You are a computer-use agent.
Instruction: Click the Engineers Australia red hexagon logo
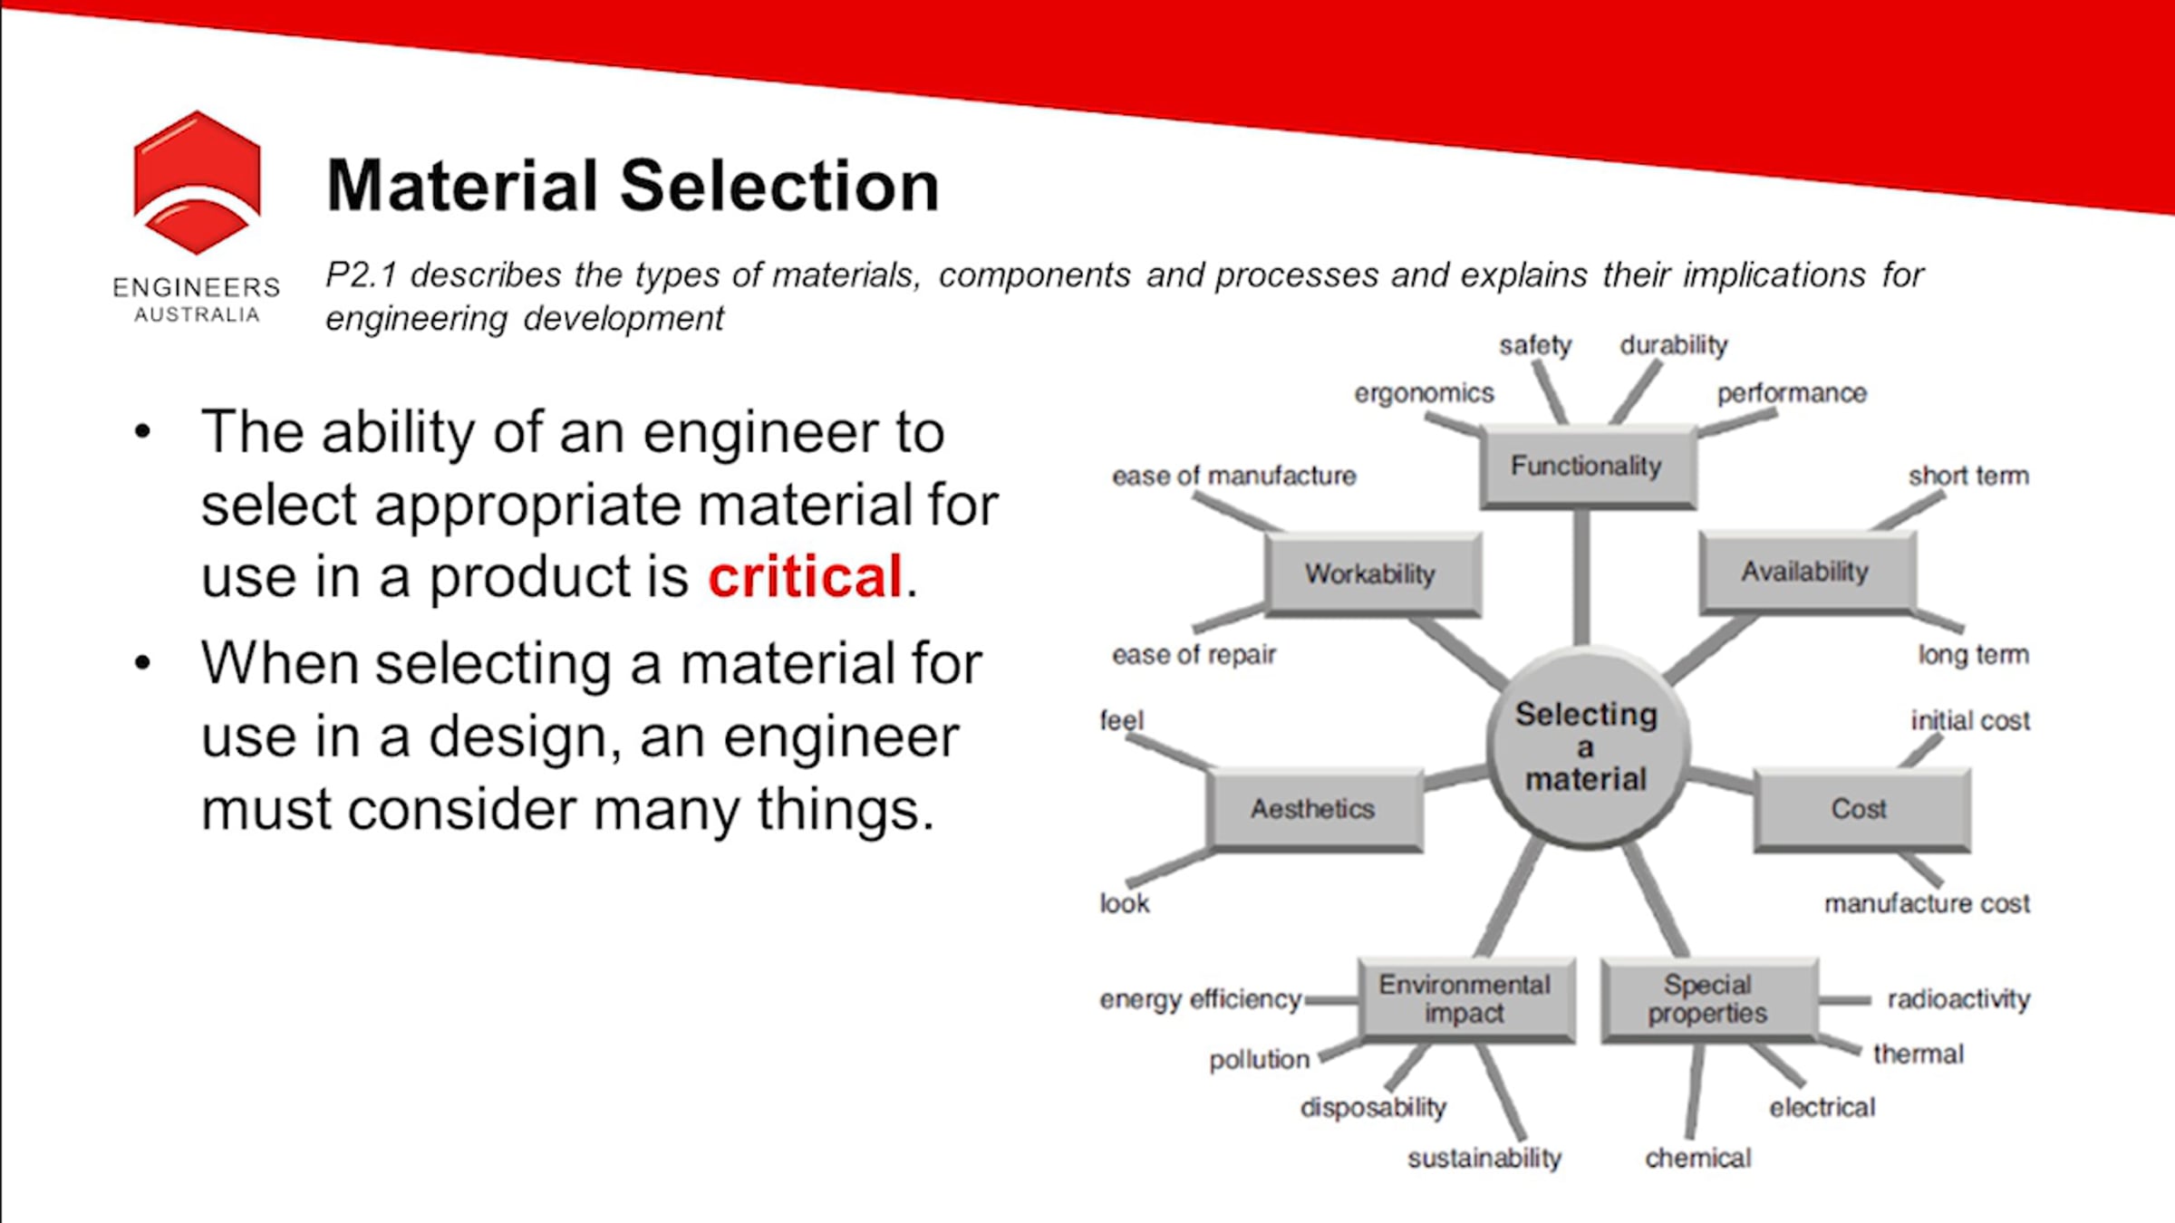click(197, 182)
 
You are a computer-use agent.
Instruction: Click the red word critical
click(805, 576)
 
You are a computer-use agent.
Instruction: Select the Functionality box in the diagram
click(1588, 466)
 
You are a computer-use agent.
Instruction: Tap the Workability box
click(1372, 573)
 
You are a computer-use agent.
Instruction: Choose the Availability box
click(1807, 572)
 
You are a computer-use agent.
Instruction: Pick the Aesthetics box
click(1314, 809)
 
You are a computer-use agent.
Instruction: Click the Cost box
click(1861, 809)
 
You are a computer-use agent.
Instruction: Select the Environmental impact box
click(1465, 999)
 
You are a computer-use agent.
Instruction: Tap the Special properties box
click(1709, 999)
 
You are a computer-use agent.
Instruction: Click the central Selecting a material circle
click(1587, 747)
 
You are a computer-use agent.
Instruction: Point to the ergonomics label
click(1424, 393)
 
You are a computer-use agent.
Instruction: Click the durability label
click(1674, 345)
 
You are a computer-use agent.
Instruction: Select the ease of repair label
click(1194, 654)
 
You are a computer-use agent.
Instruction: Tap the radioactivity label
click(1958, 998)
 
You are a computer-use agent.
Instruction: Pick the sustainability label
click(1484, 1158)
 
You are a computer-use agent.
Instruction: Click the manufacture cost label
click(1927, 903)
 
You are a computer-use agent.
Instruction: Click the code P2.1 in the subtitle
click(361, 274)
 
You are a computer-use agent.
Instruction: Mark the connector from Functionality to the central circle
click(1581, 577)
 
